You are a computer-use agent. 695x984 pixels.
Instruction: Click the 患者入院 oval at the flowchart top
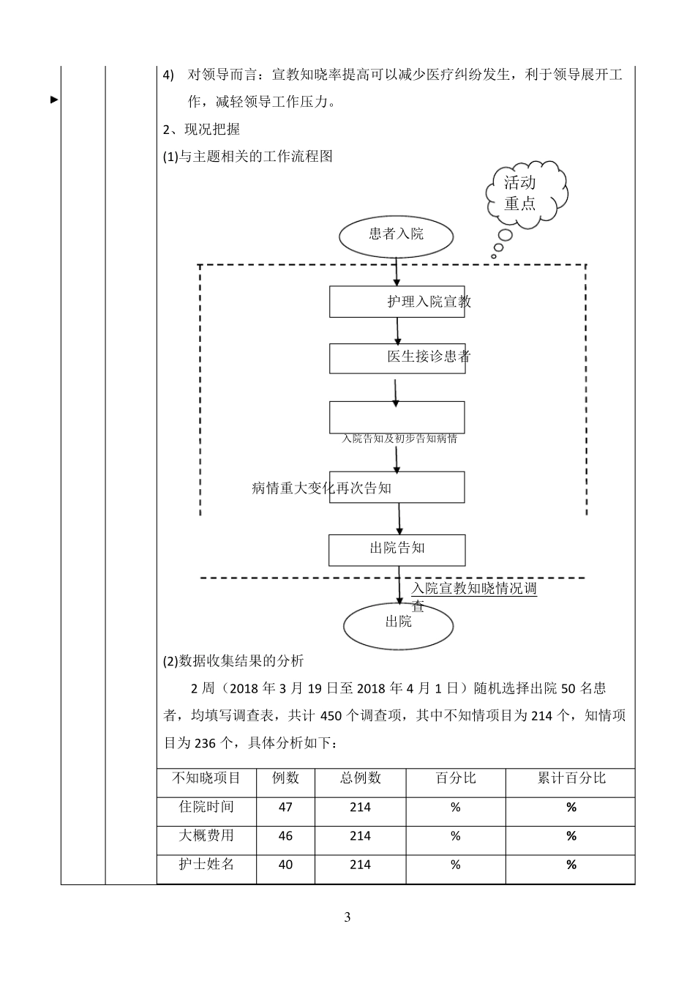click(397, 235)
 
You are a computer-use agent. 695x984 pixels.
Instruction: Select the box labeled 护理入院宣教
click(397, 302)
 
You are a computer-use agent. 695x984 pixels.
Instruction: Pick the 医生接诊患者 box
click(397, 358)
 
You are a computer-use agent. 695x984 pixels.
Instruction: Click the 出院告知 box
click(397, 549)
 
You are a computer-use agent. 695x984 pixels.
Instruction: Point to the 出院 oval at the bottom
click(399, 623)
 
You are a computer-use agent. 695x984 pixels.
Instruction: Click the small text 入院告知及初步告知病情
click(399, 439)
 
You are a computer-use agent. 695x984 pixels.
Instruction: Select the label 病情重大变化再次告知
click(322, 488)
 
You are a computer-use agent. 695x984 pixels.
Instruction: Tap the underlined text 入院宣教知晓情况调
click(474, 589)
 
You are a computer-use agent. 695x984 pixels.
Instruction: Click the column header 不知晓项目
click(206, 778)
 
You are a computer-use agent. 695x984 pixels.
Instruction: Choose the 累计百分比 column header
click(571, 778)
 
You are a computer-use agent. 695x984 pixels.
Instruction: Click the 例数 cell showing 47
click(285, 808)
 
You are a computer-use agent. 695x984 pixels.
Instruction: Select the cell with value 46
click(285, 836)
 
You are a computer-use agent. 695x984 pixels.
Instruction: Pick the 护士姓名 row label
click(206, 865)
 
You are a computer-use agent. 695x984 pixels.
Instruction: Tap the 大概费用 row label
click(206, 836)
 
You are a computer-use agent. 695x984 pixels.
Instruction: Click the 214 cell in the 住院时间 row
click(360, 808)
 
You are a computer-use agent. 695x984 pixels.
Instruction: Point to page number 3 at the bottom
click(347, 918)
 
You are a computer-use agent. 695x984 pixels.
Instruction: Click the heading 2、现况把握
click(201, 130)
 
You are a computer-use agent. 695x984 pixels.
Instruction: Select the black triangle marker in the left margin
click(54, 100)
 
